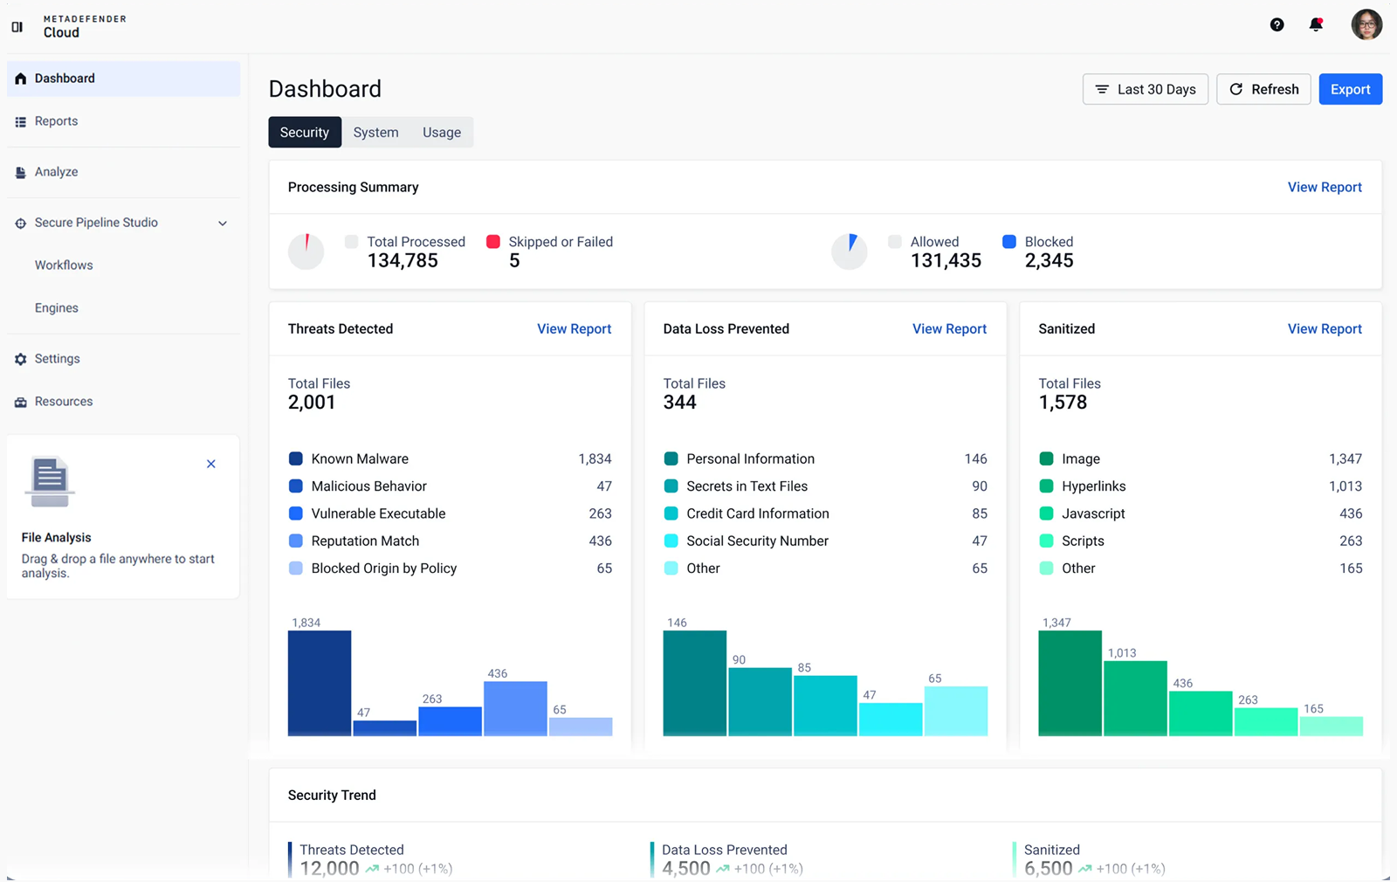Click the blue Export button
(1350, 89)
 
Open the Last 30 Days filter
(1145, 89)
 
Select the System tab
(375, 132)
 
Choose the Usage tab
(442, 132)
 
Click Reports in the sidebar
(56, 121)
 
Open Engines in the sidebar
(56, 307)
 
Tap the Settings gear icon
(21, 359)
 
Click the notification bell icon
(1316, 24)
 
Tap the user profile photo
(1366, 24)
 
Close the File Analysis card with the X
(210, 464)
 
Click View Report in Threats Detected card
(574, 328)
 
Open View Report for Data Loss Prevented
(949, 328)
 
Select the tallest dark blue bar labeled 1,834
(320, 683)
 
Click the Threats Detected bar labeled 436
(515, 708)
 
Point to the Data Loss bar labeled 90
(760, 702)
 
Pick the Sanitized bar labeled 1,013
(1135, 699)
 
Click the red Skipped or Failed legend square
(492, 241)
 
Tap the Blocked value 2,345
(1049, 261)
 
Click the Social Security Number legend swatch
(671, 541)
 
